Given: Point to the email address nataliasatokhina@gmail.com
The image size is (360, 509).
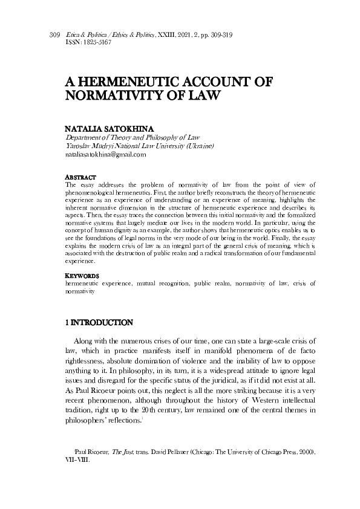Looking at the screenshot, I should (105, 155).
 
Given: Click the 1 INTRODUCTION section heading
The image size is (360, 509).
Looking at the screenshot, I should (98, 322).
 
